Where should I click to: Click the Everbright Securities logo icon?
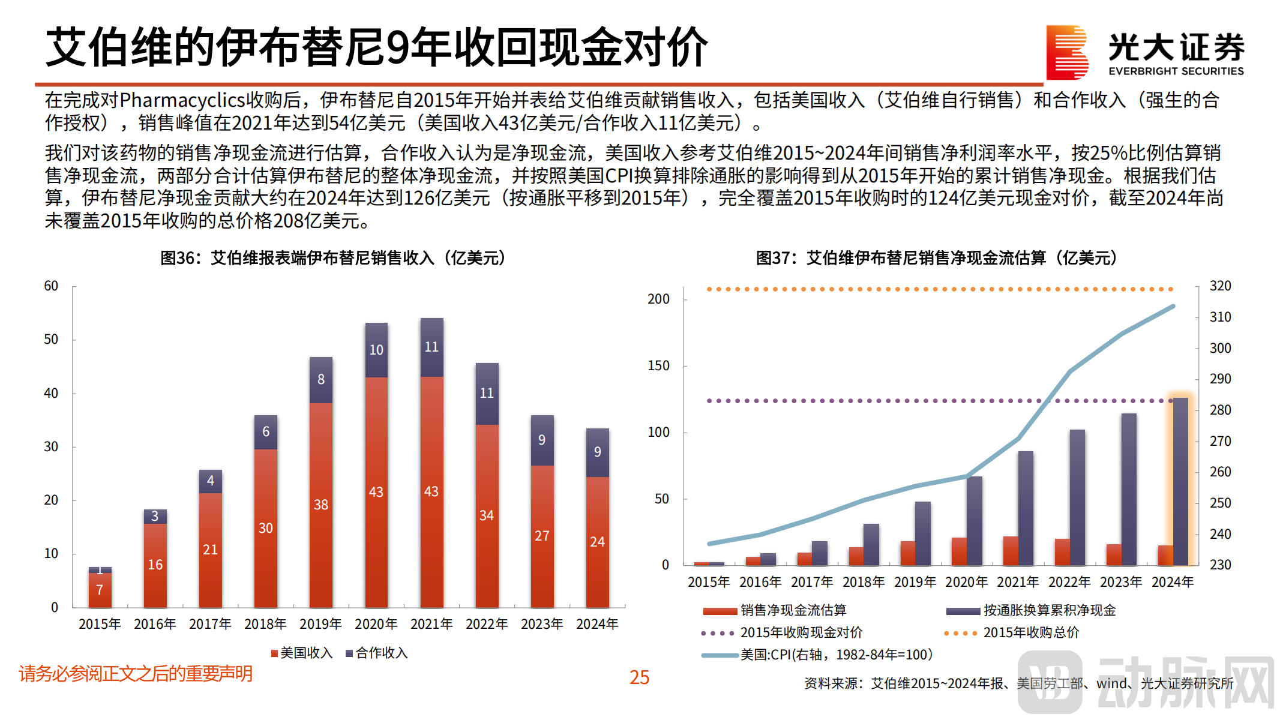click(1067, 53)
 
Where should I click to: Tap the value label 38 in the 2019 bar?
click(321, 505)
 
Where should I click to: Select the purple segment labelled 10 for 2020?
click(376, 350)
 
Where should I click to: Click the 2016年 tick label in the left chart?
click(155, 624)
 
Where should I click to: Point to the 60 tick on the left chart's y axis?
click(51, 286)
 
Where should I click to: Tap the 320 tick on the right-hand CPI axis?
click(1220, 286)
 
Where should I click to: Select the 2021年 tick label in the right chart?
click(1018, 582)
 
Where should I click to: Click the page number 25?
click(639, 677)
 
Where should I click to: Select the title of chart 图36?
click(334, 258)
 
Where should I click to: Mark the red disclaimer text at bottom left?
click(136, 674)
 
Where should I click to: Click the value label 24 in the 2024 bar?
click(597, 542)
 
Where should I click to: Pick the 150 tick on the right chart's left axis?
click(658, 365)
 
